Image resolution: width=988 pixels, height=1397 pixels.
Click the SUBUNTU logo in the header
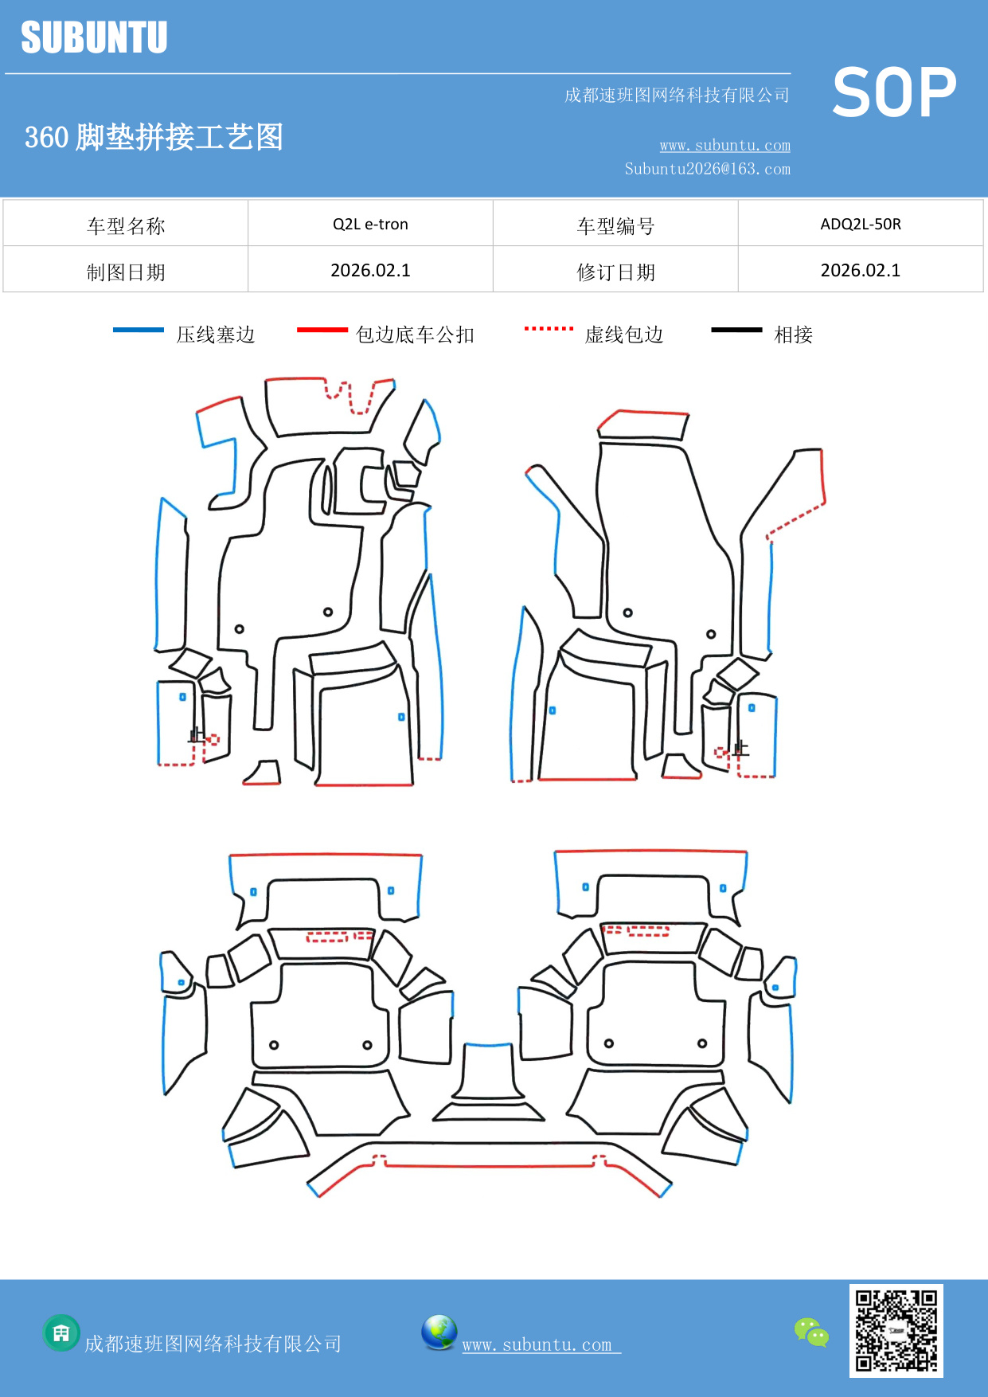pos(94,37)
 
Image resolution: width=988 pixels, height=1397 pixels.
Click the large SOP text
pos(894,92)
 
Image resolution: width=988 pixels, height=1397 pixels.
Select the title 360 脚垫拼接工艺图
pos(154,137)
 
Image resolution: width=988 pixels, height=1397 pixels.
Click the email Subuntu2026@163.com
pos(707,169)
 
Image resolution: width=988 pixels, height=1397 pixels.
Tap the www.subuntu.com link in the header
pos(724,145)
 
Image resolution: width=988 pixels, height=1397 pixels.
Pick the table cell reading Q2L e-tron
pos(370,224)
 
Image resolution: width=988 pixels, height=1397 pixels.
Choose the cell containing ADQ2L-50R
pos(861,224)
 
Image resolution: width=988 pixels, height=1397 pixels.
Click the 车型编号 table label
pos(615,226)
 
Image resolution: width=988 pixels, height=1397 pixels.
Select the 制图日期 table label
pos(126,272)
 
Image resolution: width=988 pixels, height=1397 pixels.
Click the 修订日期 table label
pos(615,272)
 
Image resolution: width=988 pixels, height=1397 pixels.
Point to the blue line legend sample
pos(139,330)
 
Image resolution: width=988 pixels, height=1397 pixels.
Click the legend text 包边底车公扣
pos(415,335)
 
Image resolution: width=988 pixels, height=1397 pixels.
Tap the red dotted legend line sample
pos(549,328)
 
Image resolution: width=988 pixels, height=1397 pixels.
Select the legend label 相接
pos(793,335)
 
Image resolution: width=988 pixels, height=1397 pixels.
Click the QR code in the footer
pos(896,1330)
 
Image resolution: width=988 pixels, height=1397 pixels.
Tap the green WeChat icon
pos(811,1332)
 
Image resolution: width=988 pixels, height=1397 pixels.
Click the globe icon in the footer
pos(439,1332)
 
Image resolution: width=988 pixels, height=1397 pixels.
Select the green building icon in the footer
pos(61,1332)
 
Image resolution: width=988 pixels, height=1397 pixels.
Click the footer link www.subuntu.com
pos(537,1344)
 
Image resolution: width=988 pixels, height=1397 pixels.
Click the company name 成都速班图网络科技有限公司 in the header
pos(677,96)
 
